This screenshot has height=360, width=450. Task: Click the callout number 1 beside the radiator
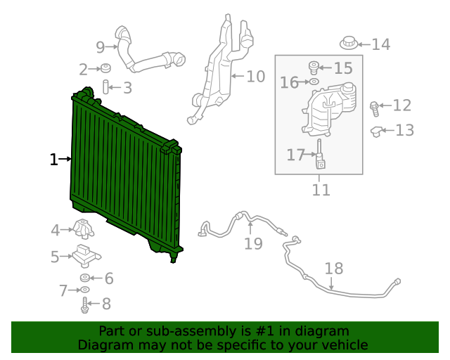(53, 160)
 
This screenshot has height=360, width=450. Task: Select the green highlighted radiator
(123, 176)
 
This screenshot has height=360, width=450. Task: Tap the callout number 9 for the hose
(100, 47)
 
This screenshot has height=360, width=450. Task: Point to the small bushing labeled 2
(105, 68)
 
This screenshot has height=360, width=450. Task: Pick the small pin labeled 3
(107, 88)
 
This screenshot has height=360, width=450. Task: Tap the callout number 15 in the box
(342, 68)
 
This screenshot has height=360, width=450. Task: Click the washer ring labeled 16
(314, 83)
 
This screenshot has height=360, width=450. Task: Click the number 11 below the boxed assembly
(321, 190)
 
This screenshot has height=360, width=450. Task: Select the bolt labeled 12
(375, 107)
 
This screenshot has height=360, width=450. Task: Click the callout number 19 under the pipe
(253, 243)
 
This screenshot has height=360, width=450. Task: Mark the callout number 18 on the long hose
(334, 269)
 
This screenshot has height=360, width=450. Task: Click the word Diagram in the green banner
(103, 345)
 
